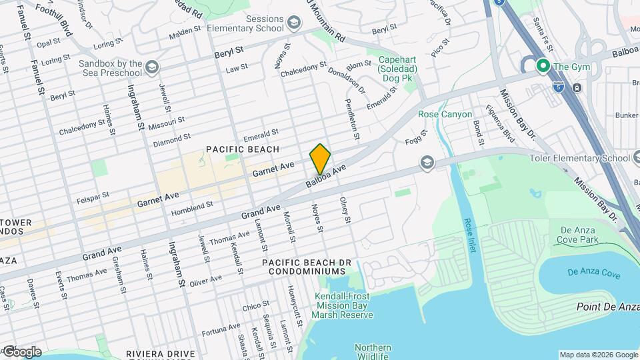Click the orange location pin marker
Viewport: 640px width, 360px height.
coord(320,159)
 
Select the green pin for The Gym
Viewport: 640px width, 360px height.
coord(543,66)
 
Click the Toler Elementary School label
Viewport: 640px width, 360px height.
coord(579,158)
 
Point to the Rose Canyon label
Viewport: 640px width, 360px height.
coord(445,114)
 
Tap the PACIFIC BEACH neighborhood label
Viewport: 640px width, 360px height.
coord(242,149)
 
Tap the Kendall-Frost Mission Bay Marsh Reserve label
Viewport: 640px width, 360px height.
coord(344,305)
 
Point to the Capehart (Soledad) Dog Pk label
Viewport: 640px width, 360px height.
coord(397,69)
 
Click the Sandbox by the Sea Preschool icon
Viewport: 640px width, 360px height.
coord(152,67)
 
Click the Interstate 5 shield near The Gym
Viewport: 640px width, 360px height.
coord(558,87)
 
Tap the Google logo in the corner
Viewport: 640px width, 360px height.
coord(21,351)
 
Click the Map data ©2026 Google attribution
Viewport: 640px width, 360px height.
coord(598,355)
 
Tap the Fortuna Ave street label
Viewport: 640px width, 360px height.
coord(216,327)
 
